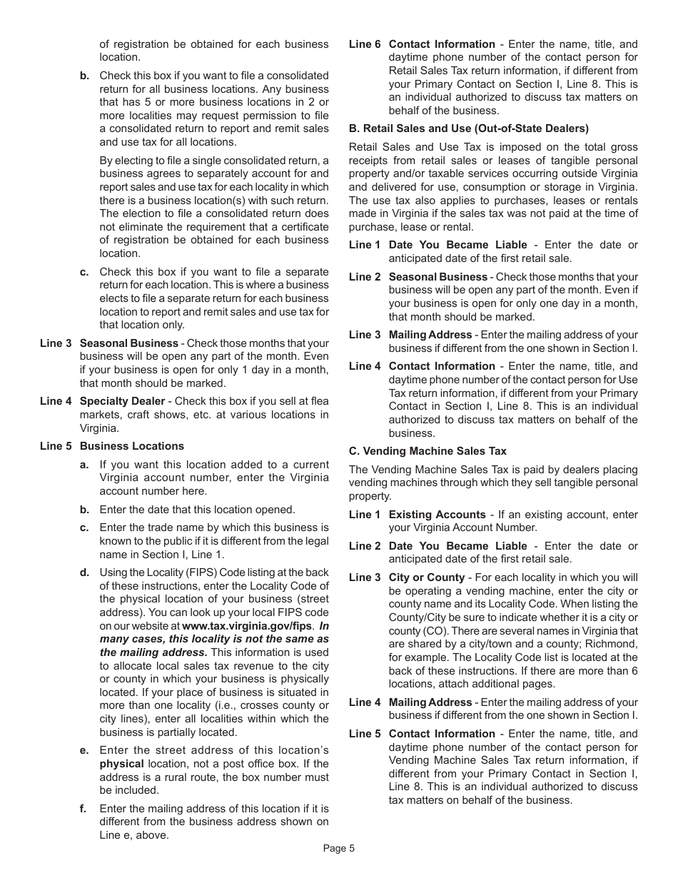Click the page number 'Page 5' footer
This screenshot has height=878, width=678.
pos(338,849)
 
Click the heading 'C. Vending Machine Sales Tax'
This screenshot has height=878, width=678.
pos(427,451)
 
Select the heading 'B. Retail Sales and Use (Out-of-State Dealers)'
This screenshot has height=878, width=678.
pos(468,128)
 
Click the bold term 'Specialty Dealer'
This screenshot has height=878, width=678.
pos(122,401)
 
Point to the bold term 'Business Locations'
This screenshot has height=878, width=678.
pos(131,446)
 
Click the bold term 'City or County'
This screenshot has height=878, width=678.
pos(426,577)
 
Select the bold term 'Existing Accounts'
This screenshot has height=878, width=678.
pos(437,515)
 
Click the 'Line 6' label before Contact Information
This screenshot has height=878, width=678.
pos(364,44)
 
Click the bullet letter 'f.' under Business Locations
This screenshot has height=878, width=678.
pos(84,809)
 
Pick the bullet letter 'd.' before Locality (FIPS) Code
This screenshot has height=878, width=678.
pos(84,572)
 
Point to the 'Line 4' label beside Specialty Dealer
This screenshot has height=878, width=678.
pos(56,401)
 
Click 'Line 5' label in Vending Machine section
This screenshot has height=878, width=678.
pos(364,734)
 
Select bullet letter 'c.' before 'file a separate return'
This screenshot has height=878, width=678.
pos(84,272)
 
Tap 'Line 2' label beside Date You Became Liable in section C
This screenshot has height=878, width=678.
pos(364,546)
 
